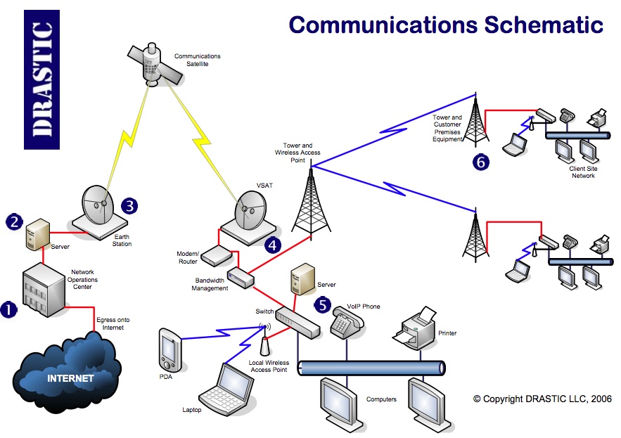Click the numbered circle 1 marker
point(8,309)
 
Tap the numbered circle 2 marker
point(14,221)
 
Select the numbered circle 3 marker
point(129,205)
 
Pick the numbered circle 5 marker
point(322,305)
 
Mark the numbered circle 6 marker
point(481,162)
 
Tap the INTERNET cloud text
point(70,378)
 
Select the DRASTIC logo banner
point(41,79)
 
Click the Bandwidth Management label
point(211,283)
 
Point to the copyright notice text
point(542,399)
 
